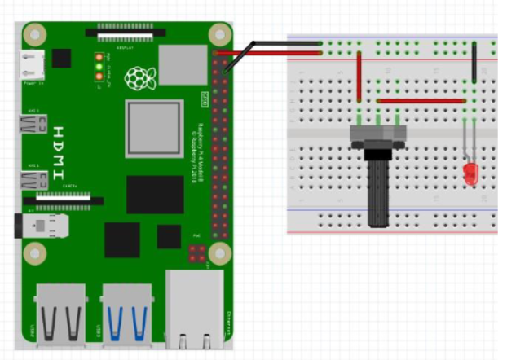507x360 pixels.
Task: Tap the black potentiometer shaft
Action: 377,191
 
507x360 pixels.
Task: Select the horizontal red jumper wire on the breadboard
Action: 421,101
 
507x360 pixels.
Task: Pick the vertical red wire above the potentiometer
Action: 359,77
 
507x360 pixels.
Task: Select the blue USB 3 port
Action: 126,313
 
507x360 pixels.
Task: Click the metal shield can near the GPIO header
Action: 180,63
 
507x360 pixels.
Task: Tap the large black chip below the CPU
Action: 155,194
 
